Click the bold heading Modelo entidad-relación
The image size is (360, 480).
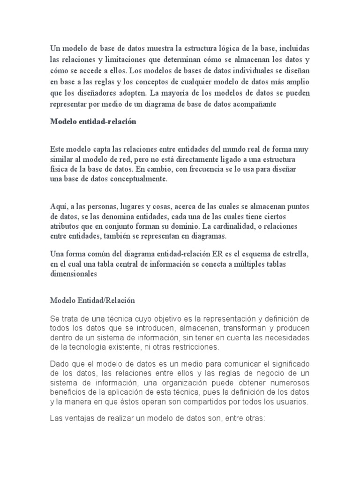click(93, 122)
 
